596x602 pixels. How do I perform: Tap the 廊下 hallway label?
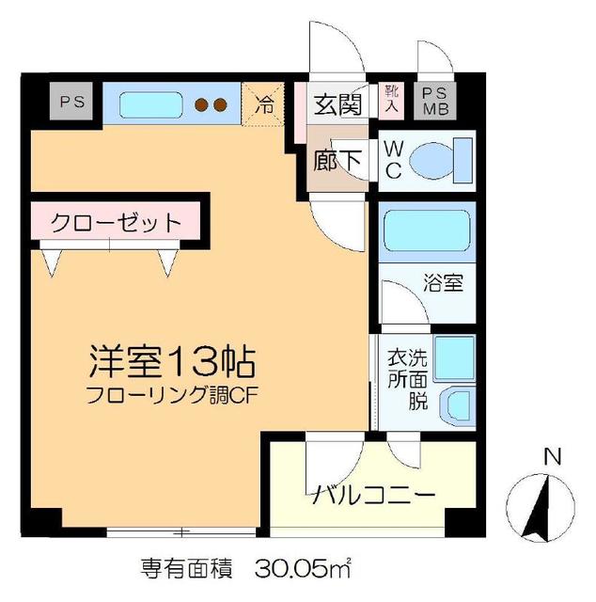[337, 160]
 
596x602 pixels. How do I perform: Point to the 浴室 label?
[443, 282]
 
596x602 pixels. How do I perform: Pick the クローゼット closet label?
[115, 223]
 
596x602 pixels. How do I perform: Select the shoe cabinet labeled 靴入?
[391, 101]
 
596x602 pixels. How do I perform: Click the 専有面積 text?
[186, 567]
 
